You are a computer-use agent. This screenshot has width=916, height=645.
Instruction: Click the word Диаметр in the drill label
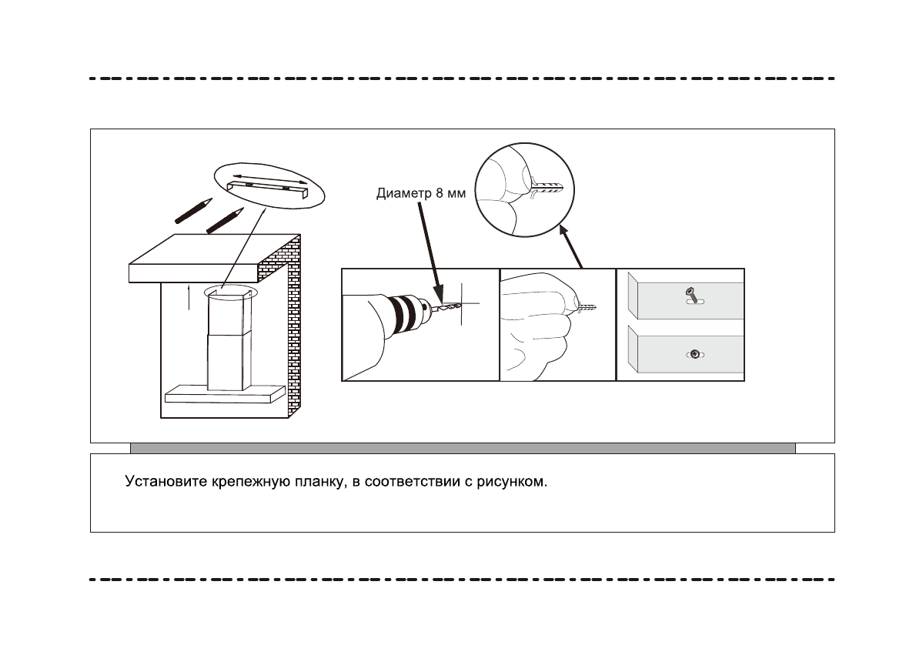click(398, 193)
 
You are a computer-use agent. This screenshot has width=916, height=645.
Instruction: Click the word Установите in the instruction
click(166, 483)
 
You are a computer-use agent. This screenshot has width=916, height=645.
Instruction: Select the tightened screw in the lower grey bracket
click(694, 354)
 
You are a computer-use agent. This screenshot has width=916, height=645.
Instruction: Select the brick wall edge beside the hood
click(293, 331)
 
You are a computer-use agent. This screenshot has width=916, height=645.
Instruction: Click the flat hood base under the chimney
click(222, 393)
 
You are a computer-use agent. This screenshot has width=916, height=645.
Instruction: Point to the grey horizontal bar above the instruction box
click(462, 448)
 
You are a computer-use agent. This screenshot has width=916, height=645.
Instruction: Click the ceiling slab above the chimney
click(208, 258)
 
